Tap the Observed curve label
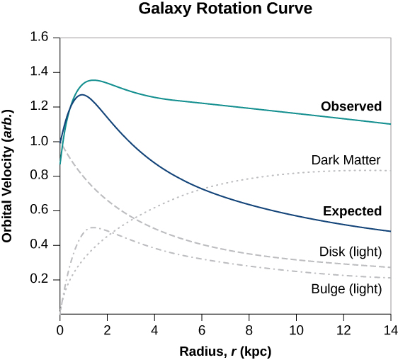[351, 107]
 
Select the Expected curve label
[352, 211]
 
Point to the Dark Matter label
[346, 160]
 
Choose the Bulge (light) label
[346, 289]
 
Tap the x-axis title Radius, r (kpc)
[224, 351]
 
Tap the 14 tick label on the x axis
[390, 330]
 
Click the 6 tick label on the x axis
[202, 330]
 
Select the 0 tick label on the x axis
[60, 330]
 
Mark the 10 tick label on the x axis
[296, 330]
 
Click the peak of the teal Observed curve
[93, 80]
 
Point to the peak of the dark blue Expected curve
[82, 94]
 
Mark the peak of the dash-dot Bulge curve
[92, 227]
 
